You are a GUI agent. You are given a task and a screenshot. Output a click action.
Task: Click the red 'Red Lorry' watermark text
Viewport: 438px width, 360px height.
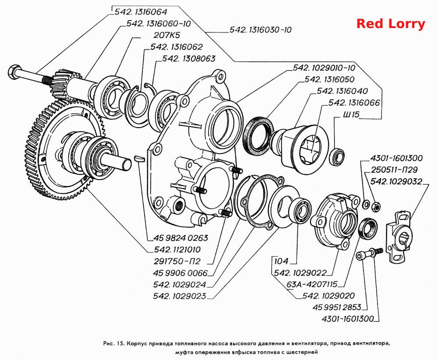point(391,24)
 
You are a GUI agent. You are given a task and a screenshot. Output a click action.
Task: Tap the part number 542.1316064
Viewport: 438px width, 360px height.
point(141,12)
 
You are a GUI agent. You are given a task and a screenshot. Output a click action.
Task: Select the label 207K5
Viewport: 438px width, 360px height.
point(167,35)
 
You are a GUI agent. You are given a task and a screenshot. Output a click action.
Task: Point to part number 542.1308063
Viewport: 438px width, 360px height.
point(189,59)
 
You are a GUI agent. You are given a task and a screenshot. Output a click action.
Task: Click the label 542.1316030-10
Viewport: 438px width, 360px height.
point(260,30)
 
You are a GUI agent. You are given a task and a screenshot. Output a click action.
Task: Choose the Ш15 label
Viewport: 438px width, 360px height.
point(351,114)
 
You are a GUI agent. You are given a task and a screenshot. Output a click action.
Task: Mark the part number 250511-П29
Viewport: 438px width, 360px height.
point(394,170)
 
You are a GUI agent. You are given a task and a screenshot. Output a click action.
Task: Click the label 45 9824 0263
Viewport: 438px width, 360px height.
point(181,238)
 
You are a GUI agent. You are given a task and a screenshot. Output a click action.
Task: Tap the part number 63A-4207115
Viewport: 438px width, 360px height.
point(312,284)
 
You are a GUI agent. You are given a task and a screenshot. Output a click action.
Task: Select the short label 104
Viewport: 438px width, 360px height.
point(281,261)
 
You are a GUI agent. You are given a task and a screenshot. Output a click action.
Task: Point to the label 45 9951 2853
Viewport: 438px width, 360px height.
point(337,307)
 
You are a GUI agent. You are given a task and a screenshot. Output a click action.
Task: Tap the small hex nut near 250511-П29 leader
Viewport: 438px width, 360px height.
point(375,206)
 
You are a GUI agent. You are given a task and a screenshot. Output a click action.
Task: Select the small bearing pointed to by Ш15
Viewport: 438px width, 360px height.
point(336,156)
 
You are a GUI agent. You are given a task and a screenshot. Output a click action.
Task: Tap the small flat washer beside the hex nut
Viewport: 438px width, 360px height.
point(366,204)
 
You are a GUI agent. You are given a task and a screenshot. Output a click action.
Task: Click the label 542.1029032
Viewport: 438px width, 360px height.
point(396,182)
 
